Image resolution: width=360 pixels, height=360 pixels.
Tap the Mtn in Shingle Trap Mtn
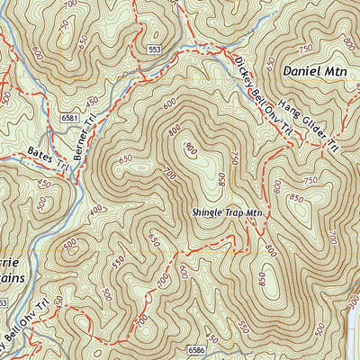255,213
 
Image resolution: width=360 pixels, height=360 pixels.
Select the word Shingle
207,213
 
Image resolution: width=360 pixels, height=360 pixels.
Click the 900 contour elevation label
190,148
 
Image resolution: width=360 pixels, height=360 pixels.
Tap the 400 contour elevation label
96,211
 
